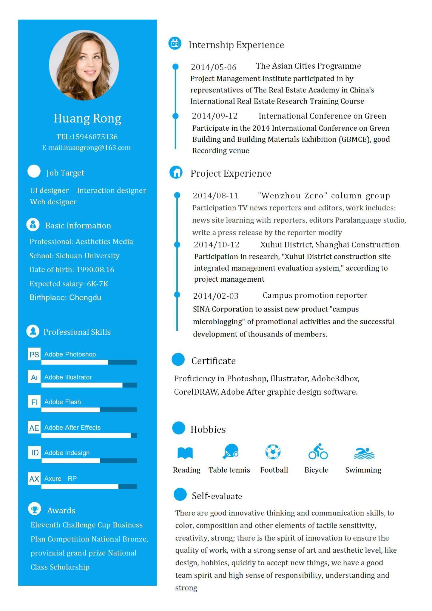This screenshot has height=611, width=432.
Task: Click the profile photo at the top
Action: (x=84, y=65)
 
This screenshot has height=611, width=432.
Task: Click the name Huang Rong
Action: (x=87, y=118)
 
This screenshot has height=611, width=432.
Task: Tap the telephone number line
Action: (x=87, y=137)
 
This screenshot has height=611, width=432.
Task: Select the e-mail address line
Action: (x=86, y=148)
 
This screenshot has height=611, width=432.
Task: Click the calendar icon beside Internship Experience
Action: (x=175, y=44)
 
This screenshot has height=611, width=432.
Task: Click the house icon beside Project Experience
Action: (x=176, y=172)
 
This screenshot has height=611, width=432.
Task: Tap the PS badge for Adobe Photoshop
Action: (x=34, y=354)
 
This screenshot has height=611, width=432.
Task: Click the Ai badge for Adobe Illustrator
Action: (x=34, y=377)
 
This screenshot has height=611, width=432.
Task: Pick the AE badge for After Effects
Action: (x=34, y=428)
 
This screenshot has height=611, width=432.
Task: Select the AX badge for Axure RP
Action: (x=34, y=479)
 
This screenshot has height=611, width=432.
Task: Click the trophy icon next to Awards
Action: (x=35, y=509)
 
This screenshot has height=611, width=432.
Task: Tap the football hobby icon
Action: (x=273, y=452)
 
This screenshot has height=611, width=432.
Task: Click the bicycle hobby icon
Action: (x=318, y=451)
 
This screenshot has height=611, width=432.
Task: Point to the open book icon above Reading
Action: (x=185, y=453)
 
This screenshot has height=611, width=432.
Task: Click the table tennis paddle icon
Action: (x=230, y=451)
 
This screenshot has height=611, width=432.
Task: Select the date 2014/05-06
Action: (x=214, y=67)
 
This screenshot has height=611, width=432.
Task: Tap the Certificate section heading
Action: (x=214, y=361)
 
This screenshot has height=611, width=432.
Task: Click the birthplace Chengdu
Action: (x=85, y=298)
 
